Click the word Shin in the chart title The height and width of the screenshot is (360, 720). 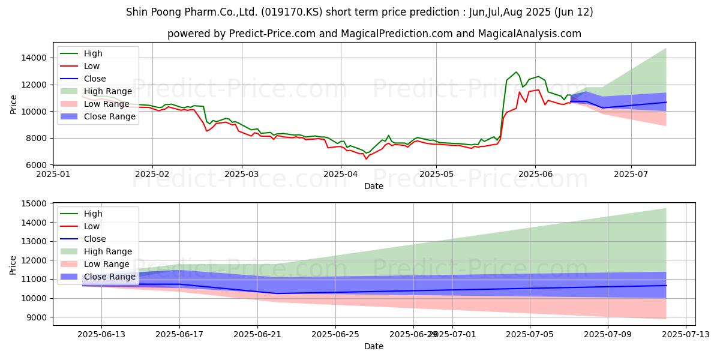[x=138, y=11]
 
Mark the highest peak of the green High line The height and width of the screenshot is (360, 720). [x=516, y=72]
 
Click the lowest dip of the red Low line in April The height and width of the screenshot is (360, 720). [x=366, y=158]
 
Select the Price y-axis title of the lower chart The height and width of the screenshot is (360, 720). [x=13, y=264]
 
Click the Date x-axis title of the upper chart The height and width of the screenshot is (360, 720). [x=374, y=186]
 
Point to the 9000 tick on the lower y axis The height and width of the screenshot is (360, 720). [x=37, y=317]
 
